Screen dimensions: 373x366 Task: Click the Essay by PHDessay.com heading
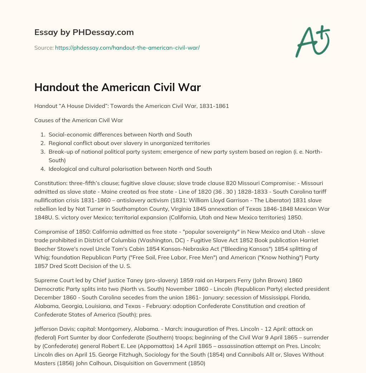[84, 33]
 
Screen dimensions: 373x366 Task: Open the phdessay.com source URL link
[127, 48]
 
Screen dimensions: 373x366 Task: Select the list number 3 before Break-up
[43, 152]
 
